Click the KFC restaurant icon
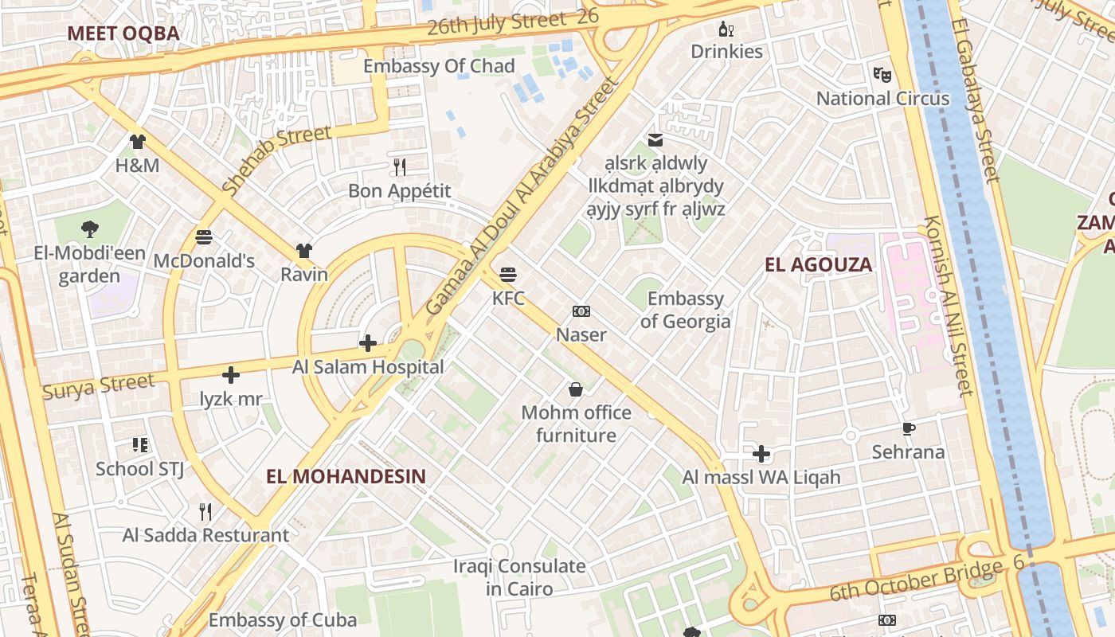click(x=508, y=276)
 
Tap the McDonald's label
click(x=204, y=261)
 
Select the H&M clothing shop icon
click(x=138, y=142)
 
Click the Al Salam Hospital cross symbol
click(x=368, y=343)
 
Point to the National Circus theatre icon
click(x=882, y=75)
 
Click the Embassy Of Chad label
click(x=439, y=66)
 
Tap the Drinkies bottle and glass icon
click(x=726, y=29)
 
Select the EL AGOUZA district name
click(x=819, y=265)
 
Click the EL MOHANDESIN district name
click(x=346, y=476)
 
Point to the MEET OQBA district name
click(x=123, y=33)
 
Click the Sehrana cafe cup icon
click(x=909, y=429)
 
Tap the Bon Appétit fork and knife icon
click(x=400, y=167)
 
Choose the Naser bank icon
click(x=581, y=311)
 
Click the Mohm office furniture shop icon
click(x=576, y=389)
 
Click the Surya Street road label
click(x=98, y=387)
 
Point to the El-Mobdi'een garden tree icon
click(x=90, y=229)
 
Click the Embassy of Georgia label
click(x=685, y=310)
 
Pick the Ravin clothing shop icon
click(x=303, y=252)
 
